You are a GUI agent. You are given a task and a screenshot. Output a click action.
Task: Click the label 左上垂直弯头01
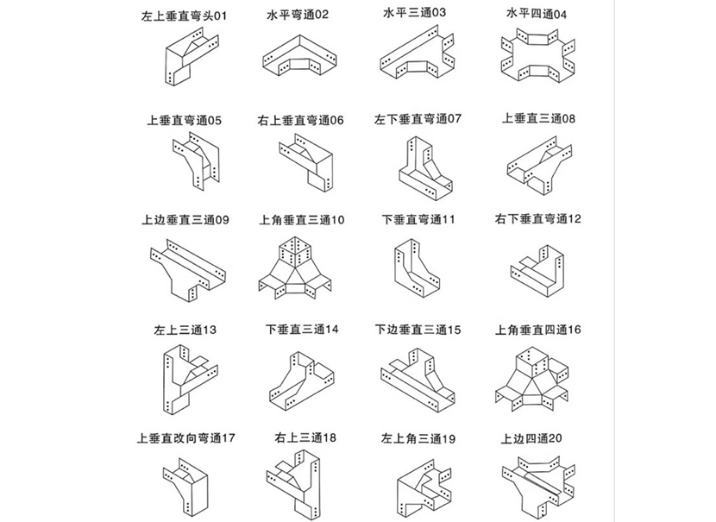[185, 16]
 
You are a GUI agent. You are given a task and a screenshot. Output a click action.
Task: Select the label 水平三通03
[415, 13]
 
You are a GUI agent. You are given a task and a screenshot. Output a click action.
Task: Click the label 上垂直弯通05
[185, 121]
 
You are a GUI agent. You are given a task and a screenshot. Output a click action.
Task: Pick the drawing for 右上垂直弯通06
[305, 164]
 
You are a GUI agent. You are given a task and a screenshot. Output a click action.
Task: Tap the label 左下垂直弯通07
[418, 119]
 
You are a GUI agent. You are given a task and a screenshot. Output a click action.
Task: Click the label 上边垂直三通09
[185, 220]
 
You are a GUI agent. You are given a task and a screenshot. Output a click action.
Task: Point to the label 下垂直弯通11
[418, 220]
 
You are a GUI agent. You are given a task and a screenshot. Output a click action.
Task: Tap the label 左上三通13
[185, 330]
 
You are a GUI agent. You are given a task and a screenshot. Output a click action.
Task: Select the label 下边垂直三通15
[418, 330]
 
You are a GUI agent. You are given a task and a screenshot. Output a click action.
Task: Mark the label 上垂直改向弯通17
[185, 438]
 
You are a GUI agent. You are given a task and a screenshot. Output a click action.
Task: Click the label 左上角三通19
[418, 438]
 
